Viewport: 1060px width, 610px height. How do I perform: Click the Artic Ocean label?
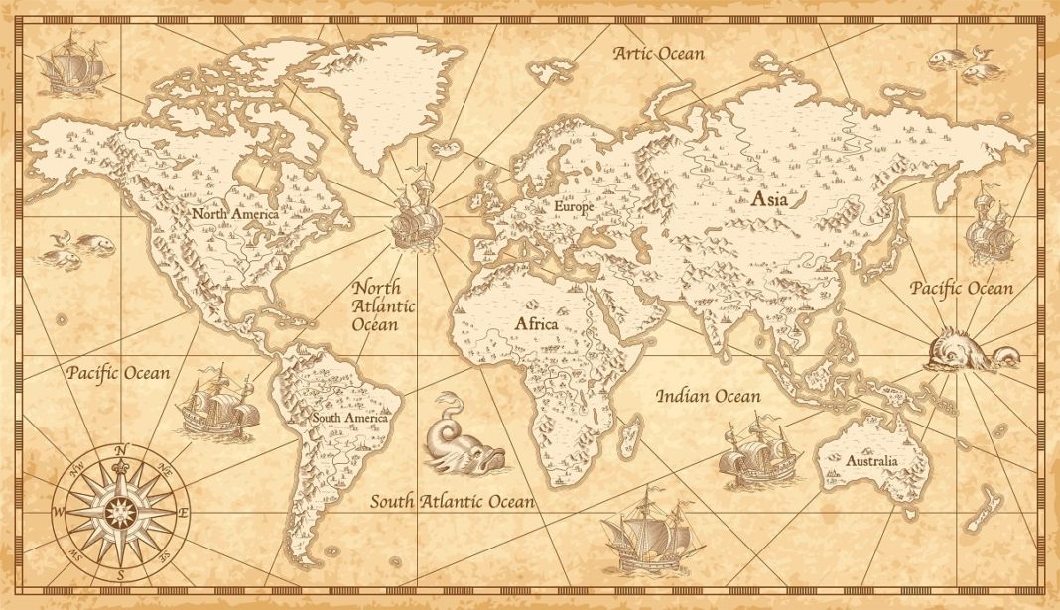(659, 53)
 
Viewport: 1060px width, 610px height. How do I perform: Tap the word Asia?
(770, 199)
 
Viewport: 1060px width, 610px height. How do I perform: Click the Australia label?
(871, 461)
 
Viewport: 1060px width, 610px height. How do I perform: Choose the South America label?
(350, 419)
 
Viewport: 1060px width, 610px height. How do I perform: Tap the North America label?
(235, 213)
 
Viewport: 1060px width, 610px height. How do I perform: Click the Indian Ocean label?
(708, 397)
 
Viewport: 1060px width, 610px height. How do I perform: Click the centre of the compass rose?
(120, 512)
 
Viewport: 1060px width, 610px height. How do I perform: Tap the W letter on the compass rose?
(59, 512)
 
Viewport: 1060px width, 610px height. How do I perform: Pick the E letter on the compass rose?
(183, 512)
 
